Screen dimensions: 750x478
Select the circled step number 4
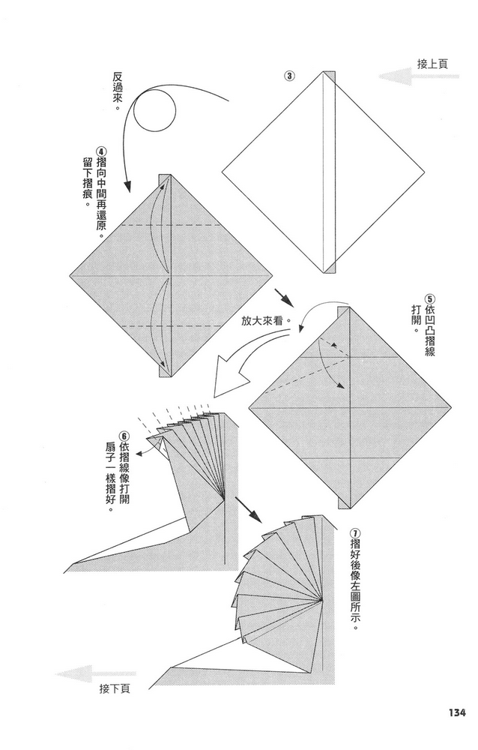tap(100, 150)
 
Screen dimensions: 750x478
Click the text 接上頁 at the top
tap(432, 64)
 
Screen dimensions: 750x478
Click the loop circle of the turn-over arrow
tap(154, 112)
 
